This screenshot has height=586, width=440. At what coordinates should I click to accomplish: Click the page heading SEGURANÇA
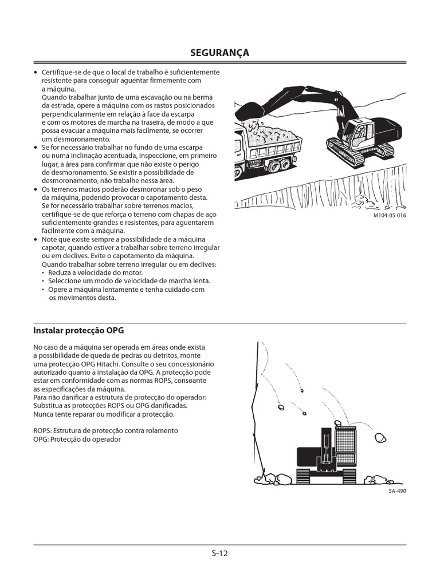(x=220, y=53)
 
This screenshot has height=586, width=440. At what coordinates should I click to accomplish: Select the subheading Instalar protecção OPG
(x=78, y=331)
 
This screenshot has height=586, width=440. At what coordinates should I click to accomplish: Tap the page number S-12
(x=220, y=553)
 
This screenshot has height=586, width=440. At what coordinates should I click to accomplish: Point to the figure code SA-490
(x=396, y=490)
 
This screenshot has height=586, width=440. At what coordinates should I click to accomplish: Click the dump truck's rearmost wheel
(x=285, y=166)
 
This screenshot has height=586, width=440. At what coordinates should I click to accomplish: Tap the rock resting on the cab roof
(x=338, y=423)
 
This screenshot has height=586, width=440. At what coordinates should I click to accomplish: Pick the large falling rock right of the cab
(x=378, y=438)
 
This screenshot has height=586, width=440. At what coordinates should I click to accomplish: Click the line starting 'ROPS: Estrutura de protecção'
(x=106, y=430)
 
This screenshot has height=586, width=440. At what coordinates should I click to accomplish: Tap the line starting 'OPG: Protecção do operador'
(x=77, y=439)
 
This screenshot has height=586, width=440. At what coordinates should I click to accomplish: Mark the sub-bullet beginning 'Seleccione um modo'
(x=129, y=281)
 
